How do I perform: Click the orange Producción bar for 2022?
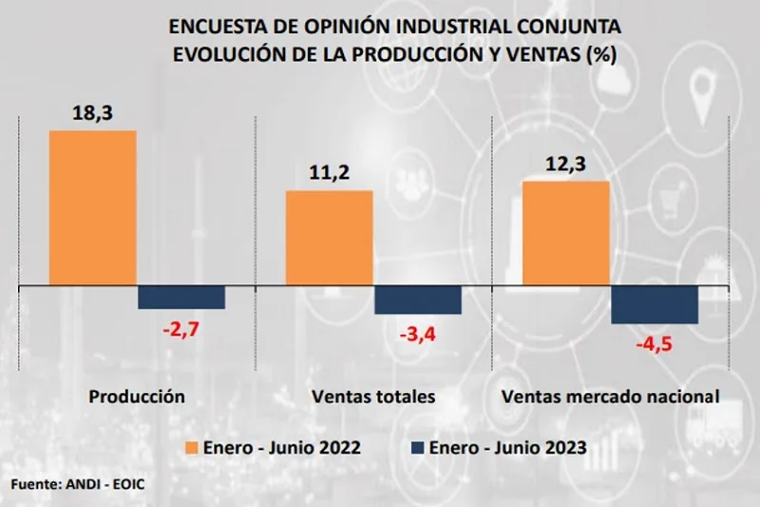pos(92,206)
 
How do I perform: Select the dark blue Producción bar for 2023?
pos(181,296)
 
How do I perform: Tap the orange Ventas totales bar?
pos(329,237)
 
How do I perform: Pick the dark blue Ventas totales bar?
pos(418,299)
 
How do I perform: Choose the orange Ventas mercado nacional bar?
pos(566,232)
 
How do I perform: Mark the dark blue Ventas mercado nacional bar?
pos(655,303)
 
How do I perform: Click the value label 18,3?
pos(92,112)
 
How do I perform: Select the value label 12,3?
pos(566,163)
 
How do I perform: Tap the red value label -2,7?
pos(180,329)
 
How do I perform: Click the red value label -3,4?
pos(418,335)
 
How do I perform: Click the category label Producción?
pos(136,396)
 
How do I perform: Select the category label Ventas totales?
pos(372,396)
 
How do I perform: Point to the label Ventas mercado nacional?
pos(609,396)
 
